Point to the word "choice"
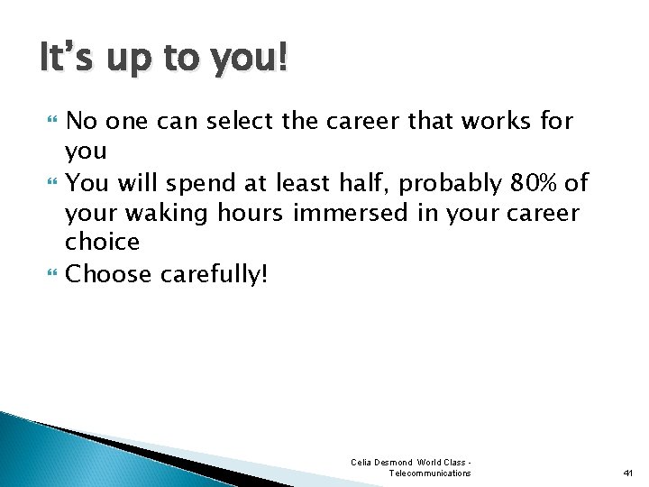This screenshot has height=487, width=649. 102,242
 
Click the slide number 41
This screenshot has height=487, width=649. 628,473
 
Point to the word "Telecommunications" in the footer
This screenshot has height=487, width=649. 429,473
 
